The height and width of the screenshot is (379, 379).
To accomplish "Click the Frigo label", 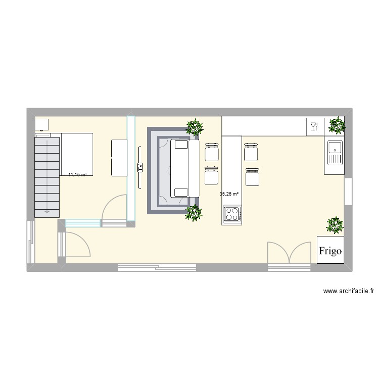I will click(330, 250).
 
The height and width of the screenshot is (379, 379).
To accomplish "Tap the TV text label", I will click(139, 168).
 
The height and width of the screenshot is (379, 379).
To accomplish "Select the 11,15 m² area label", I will click(77, 174).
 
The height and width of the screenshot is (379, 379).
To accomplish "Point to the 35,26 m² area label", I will click(229, 194).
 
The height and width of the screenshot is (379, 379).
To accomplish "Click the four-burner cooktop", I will click(232, 214).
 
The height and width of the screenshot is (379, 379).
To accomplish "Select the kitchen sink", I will click(335, 153).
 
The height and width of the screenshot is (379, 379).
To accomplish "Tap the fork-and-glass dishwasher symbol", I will click(314, 126).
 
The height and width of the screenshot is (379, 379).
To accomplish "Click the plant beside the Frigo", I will click(335, 225).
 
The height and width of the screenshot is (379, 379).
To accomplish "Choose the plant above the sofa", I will click(193, 127).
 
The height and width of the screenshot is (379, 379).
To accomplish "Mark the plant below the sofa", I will click(192, 213).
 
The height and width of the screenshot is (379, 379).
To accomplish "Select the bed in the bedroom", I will click(77, 154).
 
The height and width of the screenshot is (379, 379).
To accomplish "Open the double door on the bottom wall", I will click(289, 254).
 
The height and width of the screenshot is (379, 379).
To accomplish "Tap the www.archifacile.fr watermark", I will click(350, 291).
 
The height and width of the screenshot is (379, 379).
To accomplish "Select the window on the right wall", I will click(348, 191).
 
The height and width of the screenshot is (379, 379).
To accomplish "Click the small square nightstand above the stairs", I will click(41, 125).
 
